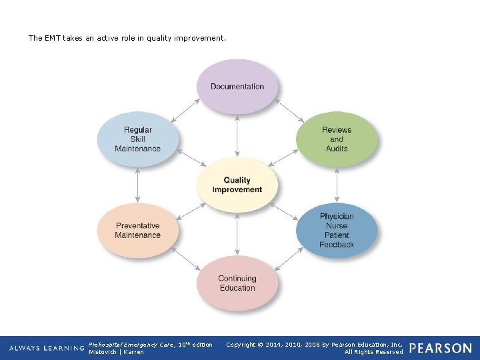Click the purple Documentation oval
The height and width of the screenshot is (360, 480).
click(237, 87)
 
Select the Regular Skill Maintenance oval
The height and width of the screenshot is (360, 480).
click(138, 139)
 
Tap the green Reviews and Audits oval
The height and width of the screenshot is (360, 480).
click(337, 139)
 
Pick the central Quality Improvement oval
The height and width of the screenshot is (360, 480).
click(237, 185)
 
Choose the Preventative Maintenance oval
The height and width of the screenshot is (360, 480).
click(138, 231)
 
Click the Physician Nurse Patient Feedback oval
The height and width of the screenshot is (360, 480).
click(337, 231)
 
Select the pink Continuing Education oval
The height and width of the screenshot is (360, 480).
click(237, 283)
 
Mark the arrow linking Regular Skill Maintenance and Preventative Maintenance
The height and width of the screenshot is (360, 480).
click(138, 185)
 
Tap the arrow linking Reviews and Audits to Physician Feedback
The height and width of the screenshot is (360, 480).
click(337, 185)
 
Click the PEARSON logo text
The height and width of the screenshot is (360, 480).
click(441, 348)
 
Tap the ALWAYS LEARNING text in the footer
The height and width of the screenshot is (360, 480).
click(47, 348)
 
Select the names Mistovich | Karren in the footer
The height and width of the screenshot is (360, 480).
click(116, 352)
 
